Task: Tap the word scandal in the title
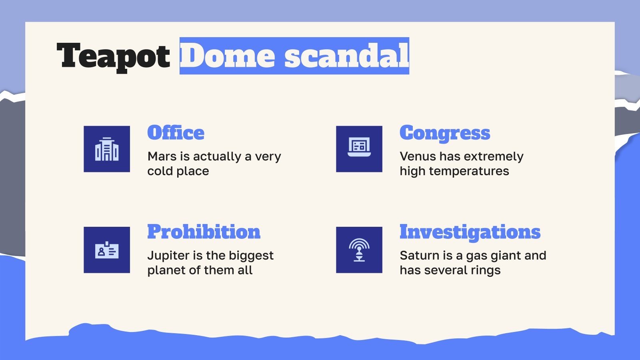click(346, 56)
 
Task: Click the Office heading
click(176, 133)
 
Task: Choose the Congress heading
click(444, 133)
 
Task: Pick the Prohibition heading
click(204, 232)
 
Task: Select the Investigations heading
click(470, 232)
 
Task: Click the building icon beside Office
click(107, 149)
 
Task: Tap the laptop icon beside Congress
click(359, 149)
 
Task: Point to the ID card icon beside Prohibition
click(107, 250)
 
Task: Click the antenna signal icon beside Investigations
click(359, 250)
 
